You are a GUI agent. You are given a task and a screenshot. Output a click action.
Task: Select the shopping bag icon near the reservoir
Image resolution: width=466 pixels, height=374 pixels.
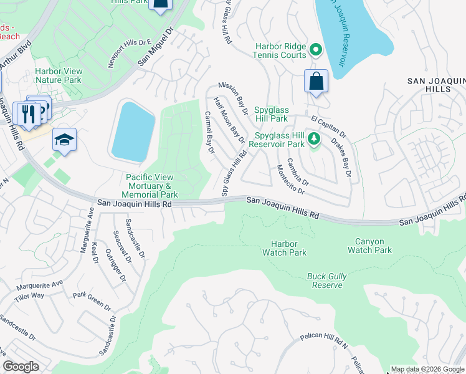pos(316,82)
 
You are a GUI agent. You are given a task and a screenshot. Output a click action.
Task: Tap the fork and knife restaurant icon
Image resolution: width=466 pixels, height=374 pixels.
pos(28,114)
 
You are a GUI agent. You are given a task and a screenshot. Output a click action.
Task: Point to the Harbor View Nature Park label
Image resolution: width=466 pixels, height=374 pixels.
pos(58,75)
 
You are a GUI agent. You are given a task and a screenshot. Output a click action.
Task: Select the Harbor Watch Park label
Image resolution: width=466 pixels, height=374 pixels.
pos(288,248)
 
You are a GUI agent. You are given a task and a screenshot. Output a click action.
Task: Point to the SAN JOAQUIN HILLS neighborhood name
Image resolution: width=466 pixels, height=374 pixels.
pos(437,85)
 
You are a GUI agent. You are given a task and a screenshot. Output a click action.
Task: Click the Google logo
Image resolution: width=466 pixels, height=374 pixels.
pos(21,367)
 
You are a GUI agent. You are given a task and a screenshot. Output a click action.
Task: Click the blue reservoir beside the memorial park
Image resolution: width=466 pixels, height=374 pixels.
pos(133,130)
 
